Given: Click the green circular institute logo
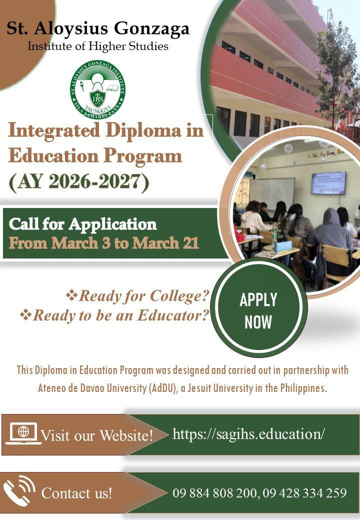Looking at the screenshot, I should coord(97,90).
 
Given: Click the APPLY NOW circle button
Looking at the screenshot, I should coord(258,310).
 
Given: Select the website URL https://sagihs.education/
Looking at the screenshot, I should coord(248,434).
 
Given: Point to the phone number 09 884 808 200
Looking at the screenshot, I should coord(213,493).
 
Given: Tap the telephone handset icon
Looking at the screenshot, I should coord(19,491).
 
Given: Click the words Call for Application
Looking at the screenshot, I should coord(82,223).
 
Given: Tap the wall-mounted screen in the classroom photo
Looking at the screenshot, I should coord(328,183).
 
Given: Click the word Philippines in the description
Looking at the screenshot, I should coord(303,388).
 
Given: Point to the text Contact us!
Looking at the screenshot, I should coord(76,493).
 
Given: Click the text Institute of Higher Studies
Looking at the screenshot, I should coord(98,46).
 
